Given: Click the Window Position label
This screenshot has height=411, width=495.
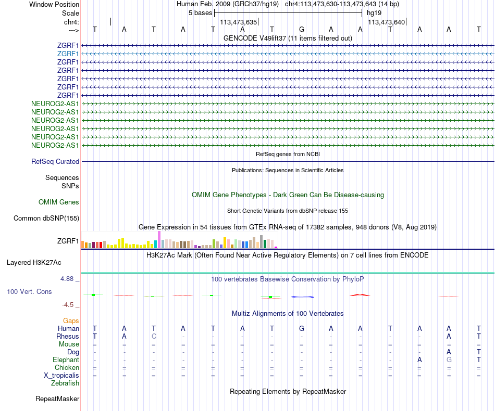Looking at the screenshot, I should (x=54, y=4).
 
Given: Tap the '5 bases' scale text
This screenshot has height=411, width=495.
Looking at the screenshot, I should (x=200, y=12).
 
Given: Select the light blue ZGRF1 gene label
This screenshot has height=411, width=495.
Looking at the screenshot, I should (x=68, y=54).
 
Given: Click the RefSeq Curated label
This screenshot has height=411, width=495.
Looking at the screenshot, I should (x=55, y=162).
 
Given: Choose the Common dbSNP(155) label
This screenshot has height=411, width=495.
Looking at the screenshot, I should (x=46, y=219).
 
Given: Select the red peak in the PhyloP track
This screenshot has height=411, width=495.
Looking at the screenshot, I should (x=360, y=295).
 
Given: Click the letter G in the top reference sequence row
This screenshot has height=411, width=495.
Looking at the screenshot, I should (x=302, y=29).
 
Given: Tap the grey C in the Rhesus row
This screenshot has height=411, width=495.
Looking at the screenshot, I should (x=154, y=336).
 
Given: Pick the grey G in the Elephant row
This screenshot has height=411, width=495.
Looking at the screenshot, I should (x=449, y=359).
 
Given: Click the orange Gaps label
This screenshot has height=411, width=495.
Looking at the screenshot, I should (x=71, y=320).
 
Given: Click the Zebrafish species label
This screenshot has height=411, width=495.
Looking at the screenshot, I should (x=66, y=383).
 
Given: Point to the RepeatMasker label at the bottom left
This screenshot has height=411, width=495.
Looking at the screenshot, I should (x=57, y=399).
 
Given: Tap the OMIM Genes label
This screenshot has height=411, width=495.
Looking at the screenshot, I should (x=59, y=202).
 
